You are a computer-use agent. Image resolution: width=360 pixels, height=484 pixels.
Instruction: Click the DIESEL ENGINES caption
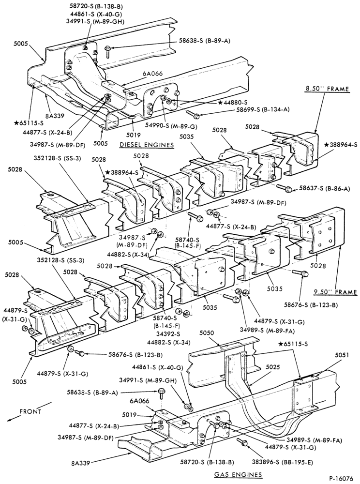point(147,145)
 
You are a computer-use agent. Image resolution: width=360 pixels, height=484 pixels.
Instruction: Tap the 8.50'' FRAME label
point(323,89)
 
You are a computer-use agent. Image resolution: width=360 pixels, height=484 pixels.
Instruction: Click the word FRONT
point(30,411)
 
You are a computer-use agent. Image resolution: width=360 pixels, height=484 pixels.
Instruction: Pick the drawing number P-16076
point(341,479)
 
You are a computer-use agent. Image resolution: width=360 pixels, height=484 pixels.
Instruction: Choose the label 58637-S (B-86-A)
point(324,189)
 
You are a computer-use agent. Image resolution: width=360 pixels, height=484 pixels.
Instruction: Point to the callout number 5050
point(207,333)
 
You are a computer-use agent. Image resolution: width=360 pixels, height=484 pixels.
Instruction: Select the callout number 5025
point(272,367)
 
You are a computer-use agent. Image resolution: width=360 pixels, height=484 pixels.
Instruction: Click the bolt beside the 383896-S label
point(242,442)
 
